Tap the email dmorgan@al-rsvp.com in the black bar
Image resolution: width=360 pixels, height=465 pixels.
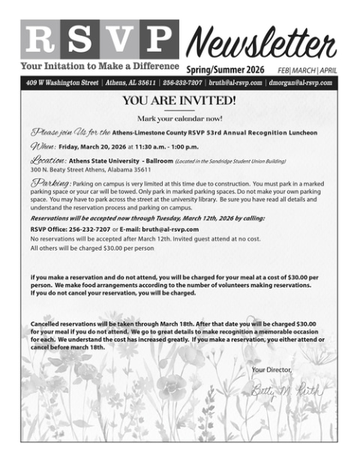300,82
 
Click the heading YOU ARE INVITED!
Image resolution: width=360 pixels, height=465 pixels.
179,100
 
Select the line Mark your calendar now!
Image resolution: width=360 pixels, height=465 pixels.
179,118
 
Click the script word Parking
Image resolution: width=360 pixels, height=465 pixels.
50,184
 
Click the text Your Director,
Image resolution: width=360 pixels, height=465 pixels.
271,370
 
